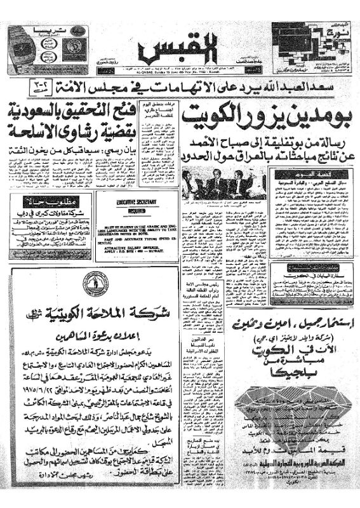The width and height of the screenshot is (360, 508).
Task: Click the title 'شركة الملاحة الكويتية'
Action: click(x=93, y=312)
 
